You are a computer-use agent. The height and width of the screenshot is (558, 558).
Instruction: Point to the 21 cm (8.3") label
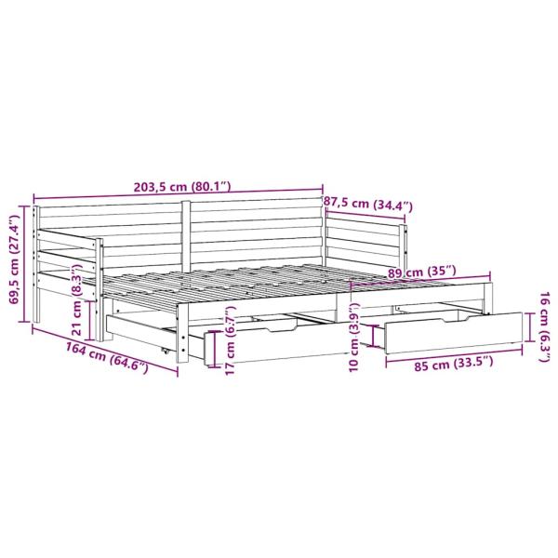81,298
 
